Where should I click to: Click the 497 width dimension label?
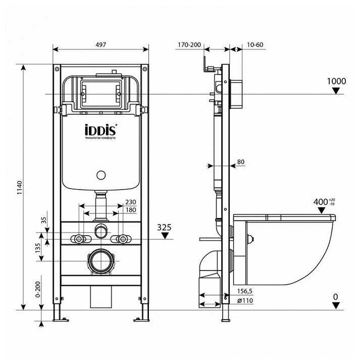[101, 45]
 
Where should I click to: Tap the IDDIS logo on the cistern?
[100, 130]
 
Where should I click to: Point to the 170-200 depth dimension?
[189, 45]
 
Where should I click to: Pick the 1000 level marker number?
[336, 81]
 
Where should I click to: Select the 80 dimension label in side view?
[241, 162]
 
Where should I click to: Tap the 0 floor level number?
[335, 297]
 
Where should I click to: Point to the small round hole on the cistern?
[101, 176]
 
